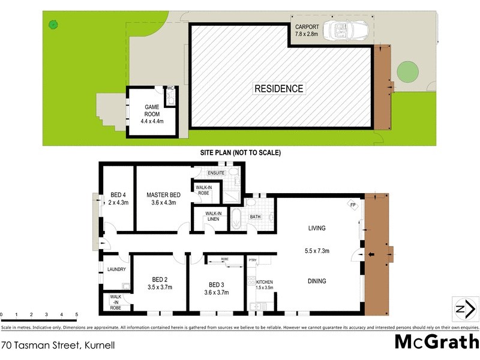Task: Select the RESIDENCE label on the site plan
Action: [x=279, y=89]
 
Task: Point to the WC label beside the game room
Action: [x=170, y=89]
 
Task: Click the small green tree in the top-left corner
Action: [x=53, y=25]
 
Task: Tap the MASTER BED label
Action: [x=164, y=195]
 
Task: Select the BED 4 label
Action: [x=118, y=195]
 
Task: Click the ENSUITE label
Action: [x=217, y=173]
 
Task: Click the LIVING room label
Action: [x=316, y=228]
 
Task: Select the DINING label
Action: [x=316, y=281]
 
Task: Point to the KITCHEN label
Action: [x=265, y=281]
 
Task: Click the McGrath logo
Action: [x=436, y=342]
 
